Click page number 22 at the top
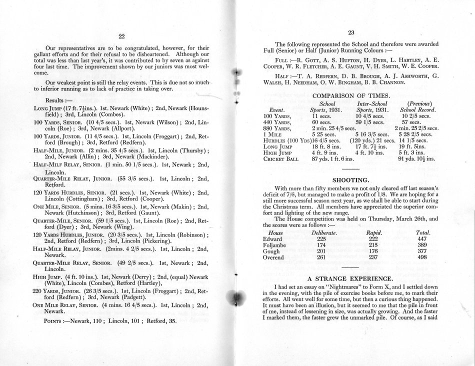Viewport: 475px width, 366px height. click(122, 36)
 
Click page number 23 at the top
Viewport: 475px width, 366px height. click(351, 32)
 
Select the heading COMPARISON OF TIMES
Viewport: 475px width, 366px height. click(350, 95)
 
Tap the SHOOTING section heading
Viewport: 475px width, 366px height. click(350, 177)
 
